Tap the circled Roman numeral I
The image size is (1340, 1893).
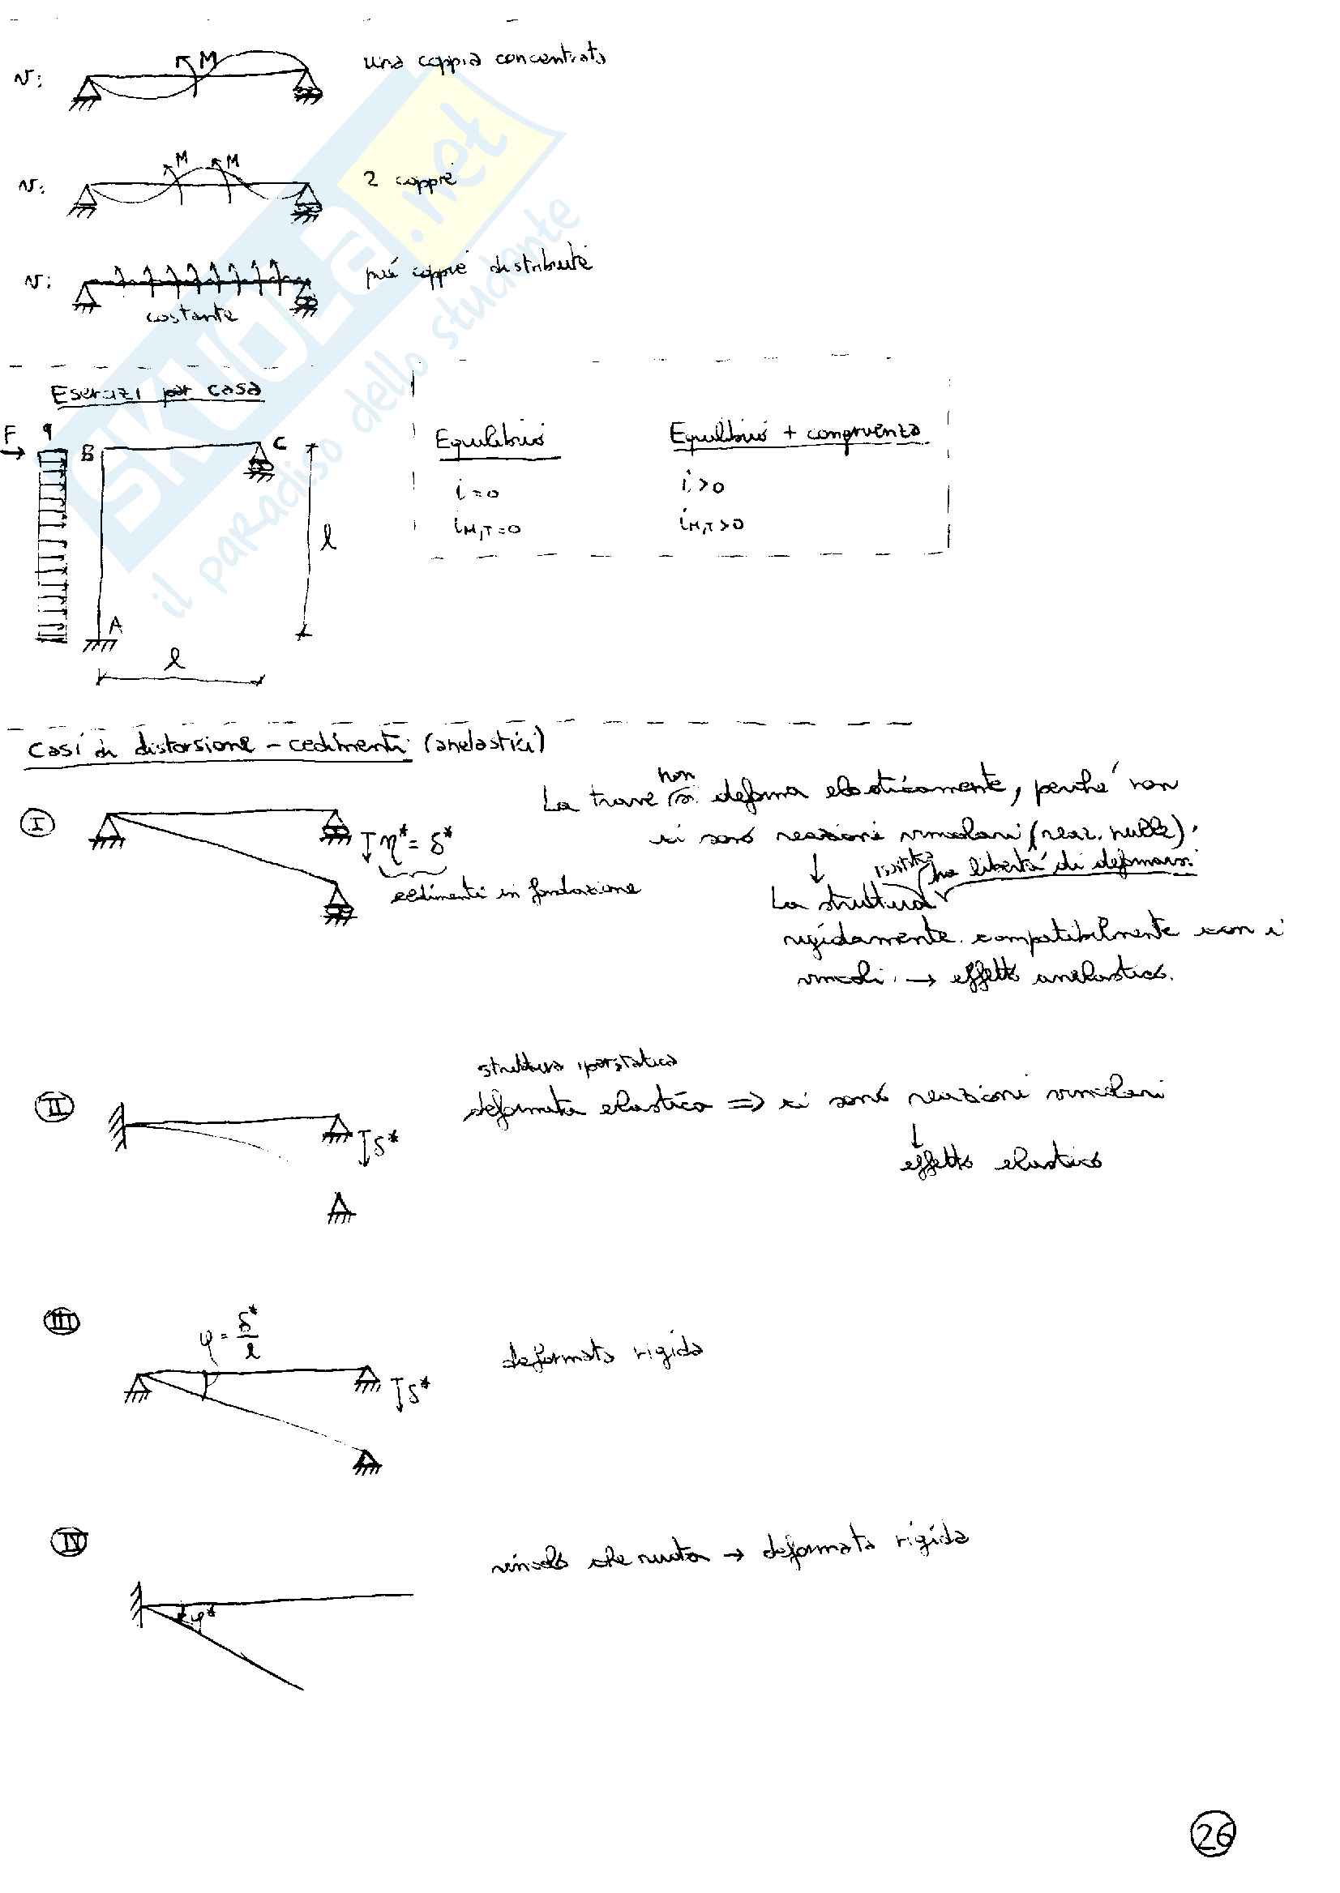[x=38, y=823]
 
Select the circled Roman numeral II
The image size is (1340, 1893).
[x=54, y=1106]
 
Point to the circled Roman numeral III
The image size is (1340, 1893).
[x=61, y=1323]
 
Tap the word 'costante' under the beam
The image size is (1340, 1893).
[x=191, y=315]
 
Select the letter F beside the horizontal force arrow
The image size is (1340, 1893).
[x=11, y=433]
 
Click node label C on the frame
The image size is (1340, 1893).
[x=279, y=444]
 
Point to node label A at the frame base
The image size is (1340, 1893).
[x=115, y=626]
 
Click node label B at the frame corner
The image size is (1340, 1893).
[x=87, y=453]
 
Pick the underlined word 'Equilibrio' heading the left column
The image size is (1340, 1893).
[x=490, y=438]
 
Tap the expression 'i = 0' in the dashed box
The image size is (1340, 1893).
[x=477, y=491]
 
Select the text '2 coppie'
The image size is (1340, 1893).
[x=410, y=179]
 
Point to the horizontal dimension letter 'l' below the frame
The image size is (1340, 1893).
[x=174, y=657]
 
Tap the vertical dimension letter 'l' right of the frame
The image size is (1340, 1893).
[x=328, y=539]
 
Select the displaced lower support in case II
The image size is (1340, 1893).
[x=340, y=1209]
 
